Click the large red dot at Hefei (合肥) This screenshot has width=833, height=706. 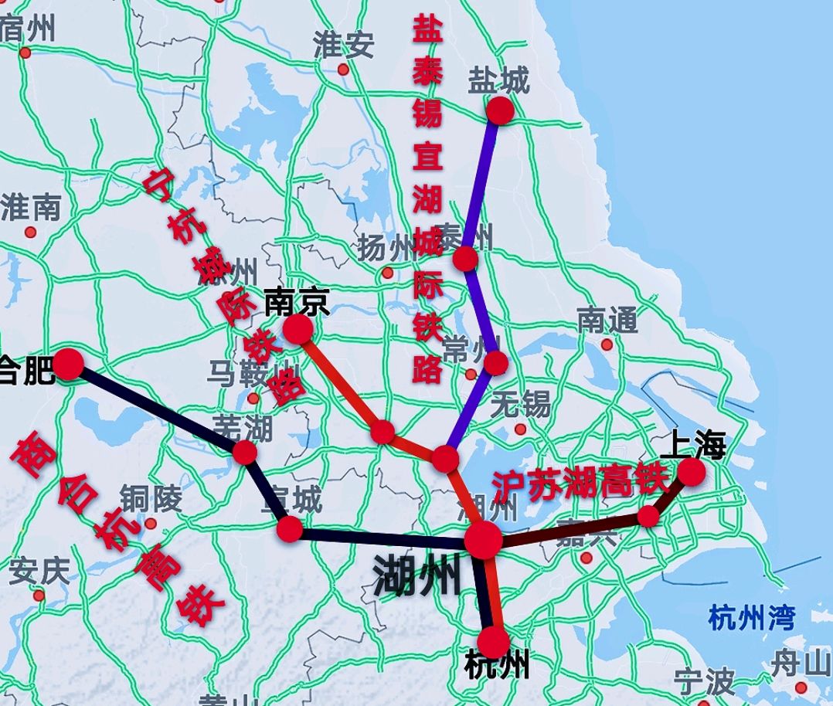(68, 364)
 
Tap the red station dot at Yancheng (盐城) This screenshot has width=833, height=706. (500, 110)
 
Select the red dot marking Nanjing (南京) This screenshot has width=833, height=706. (297, 330)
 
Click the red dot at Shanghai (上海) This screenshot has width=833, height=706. (692, 471)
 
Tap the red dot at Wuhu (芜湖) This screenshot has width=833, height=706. (245, 453)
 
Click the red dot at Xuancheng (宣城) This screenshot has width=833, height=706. (289, 529)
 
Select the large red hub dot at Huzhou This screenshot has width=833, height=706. (484, 539)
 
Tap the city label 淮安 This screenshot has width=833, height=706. (343, 46)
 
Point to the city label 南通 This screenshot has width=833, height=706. (607, 320)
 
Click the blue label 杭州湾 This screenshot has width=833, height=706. (751, 618)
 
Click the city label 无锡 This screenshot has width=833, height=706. (520, 403)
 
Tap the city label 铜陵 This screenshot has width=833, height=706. (150, 500)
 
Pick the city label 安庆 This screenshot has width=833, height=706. (39, 572)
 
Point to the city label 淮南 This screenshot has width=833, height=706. (31, 207)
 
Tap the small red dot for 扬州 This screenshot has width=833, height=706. (387, 273)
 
